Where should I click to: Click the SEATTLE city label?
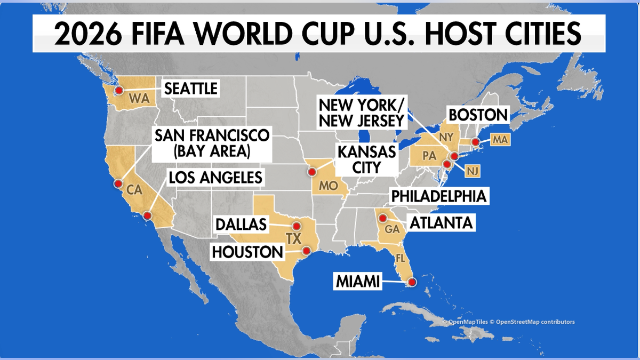point(190,88)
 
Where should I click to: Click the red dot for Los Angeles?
point(148,215)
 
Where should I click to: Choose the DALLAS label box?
point(241,225)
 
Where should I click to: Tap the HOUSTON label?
point(246,252)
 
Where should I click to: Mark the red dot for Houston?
point(306,250)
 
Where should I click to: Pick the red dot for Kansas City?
point(311,172)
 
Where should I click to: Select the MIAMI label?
point(358,282)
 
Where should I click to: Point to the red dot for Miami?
point(412,283)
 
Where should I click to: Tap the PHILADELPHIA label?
point(439,196)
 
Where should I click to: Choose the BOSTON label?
point(477,115)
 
